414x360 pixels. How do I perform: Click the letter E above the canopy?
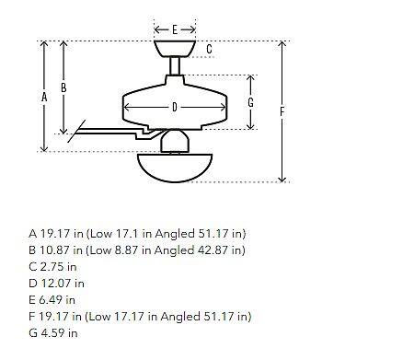pos(175,29)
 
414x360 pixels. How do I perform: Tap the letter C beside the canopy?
pos(209,49)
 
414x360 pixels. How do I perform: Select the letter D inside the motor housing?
pos(175,107)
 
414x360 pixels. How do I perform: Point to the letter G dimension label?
pos(250,102)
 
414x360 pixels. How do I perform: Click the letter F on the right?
pos(282,111)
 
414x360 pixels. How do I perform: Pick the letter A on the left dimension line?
pos(44,98)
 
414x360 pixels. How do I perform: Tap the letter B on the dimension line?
pos(63,87)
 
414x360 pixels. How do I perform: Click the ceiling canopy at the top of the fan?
pos(175,49)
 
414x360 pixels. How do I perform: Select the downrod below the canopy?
pos(175,66)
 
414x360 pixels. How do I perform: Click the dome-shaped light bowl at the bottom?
pos(175,168)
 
